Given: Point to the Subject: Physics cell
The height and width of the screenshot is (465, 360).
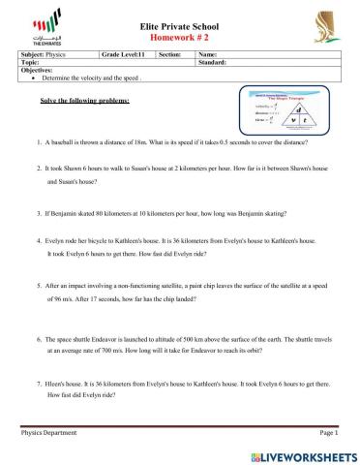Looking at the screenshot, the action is [58, 55].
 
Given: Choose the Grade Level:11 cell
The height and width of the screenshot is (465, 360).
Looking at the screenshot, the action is [128, 55].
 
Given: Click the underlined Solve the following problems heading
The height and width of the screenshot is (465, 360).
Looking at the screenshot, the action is [85, 101].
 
